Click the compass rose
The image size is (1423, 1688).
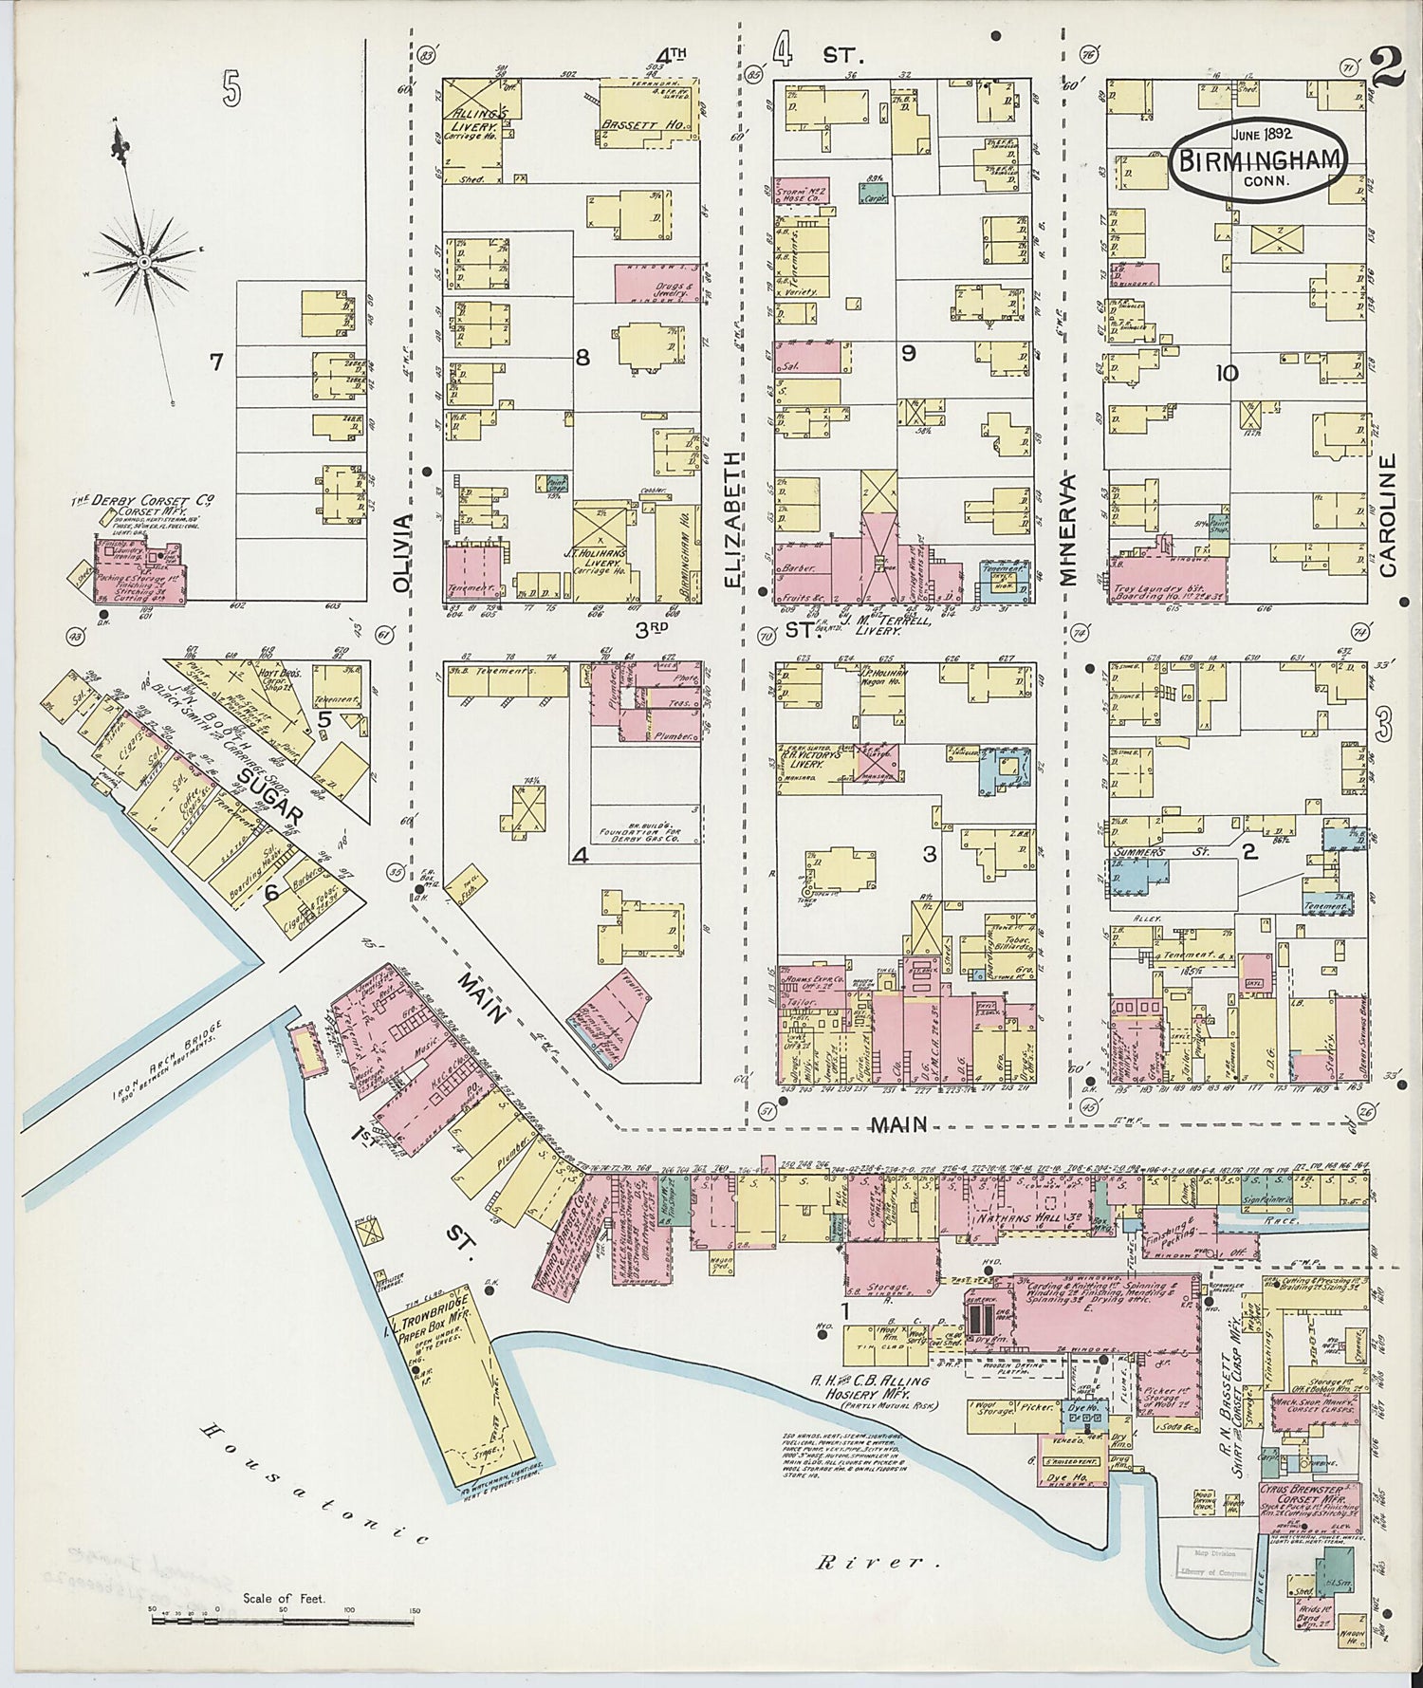coord(143,259)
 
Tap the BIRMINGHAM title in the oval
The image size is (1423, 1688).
coord(1261,159)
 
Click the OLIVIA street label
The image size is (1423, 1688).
coord(404,553)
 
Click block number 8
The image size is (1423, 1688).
coord(582,357)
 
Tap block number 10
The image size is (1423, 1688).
coord(1227,373)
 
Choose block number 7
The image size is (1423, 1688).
coord(216,361)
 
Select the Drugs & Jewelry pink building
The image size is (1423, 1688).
coord(656,284)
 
